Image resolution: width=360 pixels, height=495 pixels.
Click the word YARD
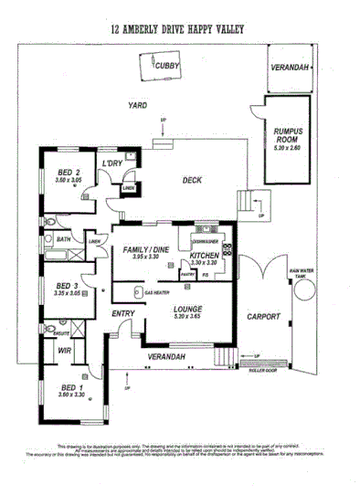(x=138, y=106)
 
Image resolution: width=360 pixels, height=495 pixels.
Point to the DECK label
(x=191, y=181)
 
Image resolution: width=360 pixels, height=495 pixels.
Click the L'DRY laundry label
(x=113, y=163)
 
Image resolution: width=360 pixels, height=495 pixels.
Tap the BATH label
(x=63, y=239)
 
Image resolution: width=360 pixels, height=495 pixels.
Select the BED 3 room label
(x=62, y=286)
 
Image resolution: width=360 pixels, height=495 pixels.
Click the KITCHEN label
(x=205, y=256)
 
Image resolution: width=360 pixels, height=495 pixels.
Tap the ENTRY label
(x=123, y=314)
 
